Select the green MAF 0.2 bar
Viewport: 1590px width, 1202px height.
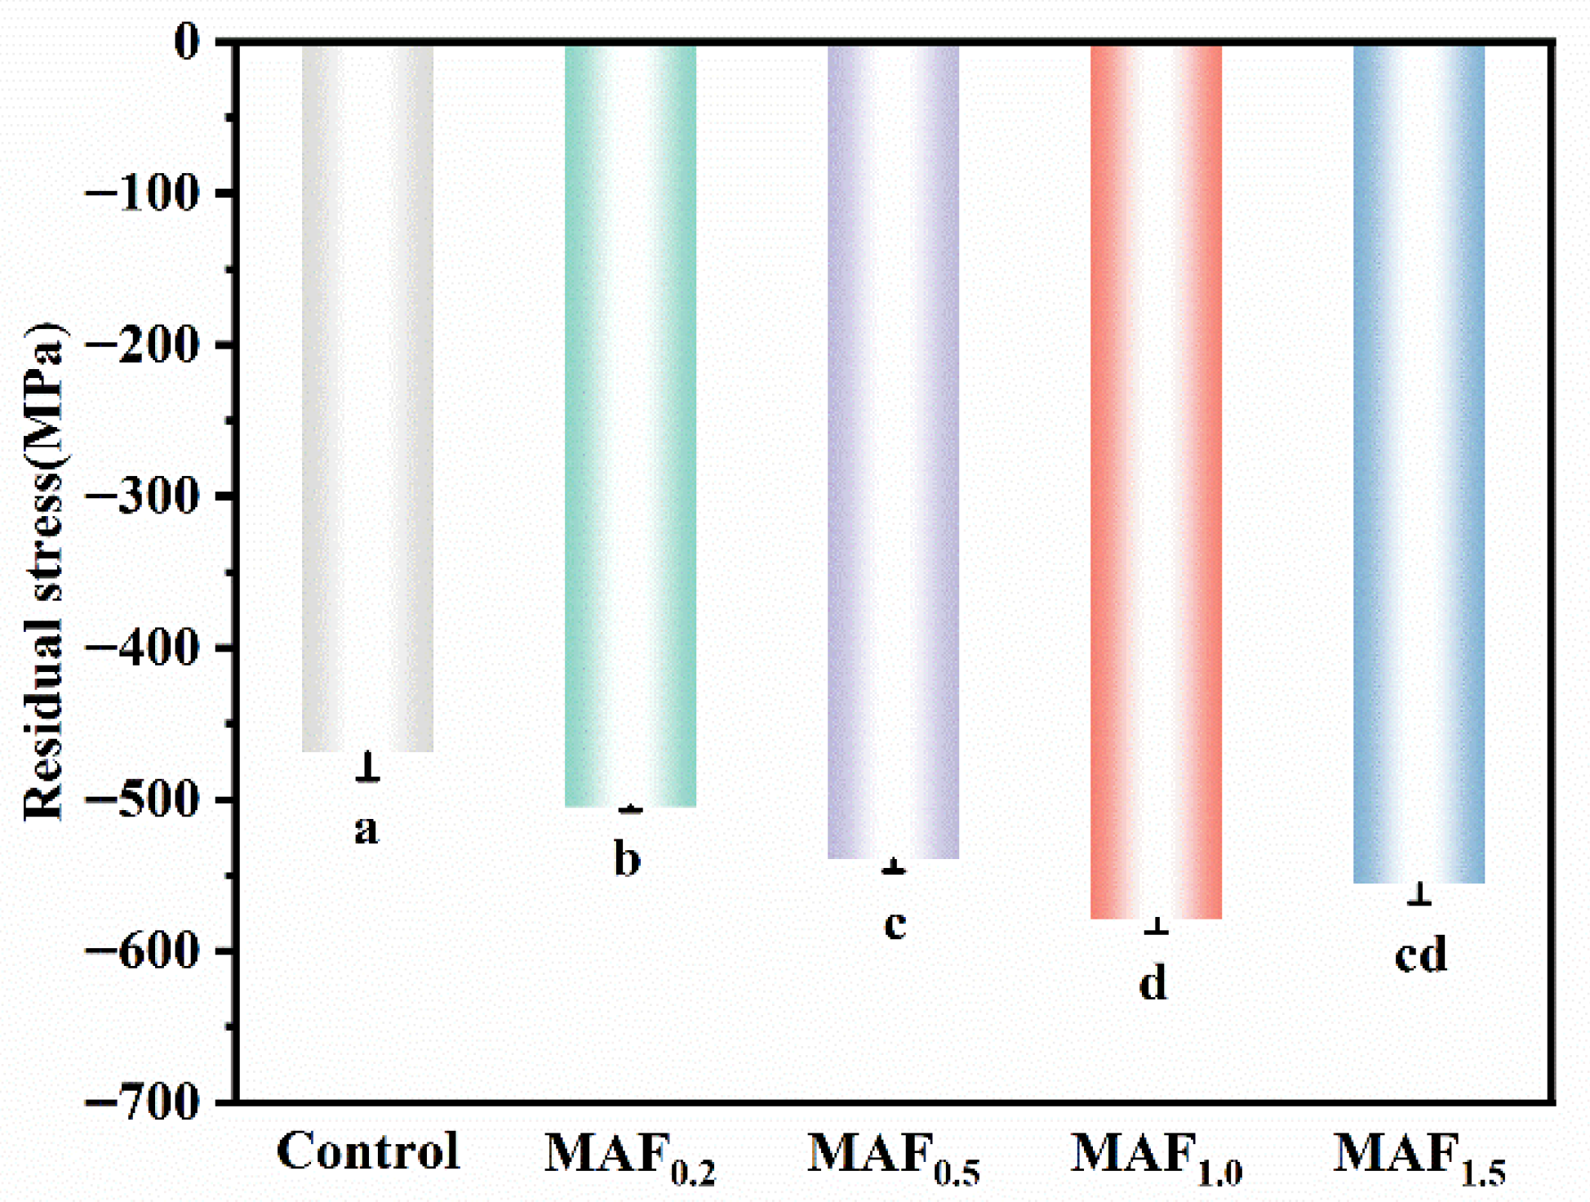click(630, 425)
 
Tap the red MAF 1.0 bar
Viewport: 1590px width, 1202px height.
click(1156, 482)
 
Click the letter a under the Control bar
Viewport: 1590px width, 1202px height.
click(366, 830)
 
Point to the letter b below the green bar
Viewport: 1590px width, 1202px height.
click(627, 860)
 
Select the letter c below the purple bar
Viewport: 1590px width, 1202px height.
click(895, 924)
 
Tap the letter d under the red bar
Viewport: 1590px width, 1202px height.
click(1153, 982)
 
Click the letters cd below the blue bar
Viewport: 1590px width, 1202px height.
click(1420, 954)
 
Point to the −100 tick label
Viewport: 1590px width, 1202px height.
click(142, 194)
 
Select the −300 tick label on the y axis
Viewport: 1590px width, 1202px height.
click(142, 496)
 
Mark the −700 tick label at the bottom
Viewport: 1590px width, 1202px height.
click(142, 1103)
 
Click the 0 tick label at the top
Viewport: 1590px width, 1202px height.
click(187, 42)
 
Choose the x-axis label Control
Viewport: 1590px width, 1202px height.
click(368, 1152)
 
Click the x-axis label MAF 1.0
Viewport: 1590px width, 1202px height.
click(1156, 1157)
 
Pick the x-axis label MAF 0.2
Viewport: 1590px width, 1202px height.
click(629, 1157)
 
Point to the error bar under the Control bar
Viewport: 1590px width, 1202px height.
click(368, 767)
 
